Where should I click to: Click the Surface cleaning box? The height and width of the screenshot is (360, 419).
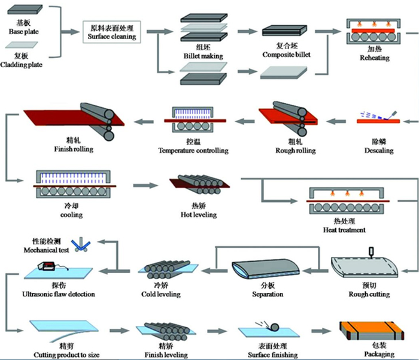tap(113, 32)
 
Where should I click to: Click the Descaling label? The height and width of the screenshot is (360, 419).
tap(379, 150)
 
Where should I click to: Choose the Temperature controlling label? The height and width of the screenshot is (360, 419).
tap(193, 150)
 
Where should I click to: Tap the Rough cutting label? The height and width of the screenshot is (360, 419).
tap(369, 294)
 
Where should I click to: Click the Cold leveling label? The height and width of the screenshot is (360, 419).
tap(162, 294)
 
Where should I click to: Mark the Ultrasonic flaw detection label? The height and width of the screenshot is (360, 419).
tap(58, 294)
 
